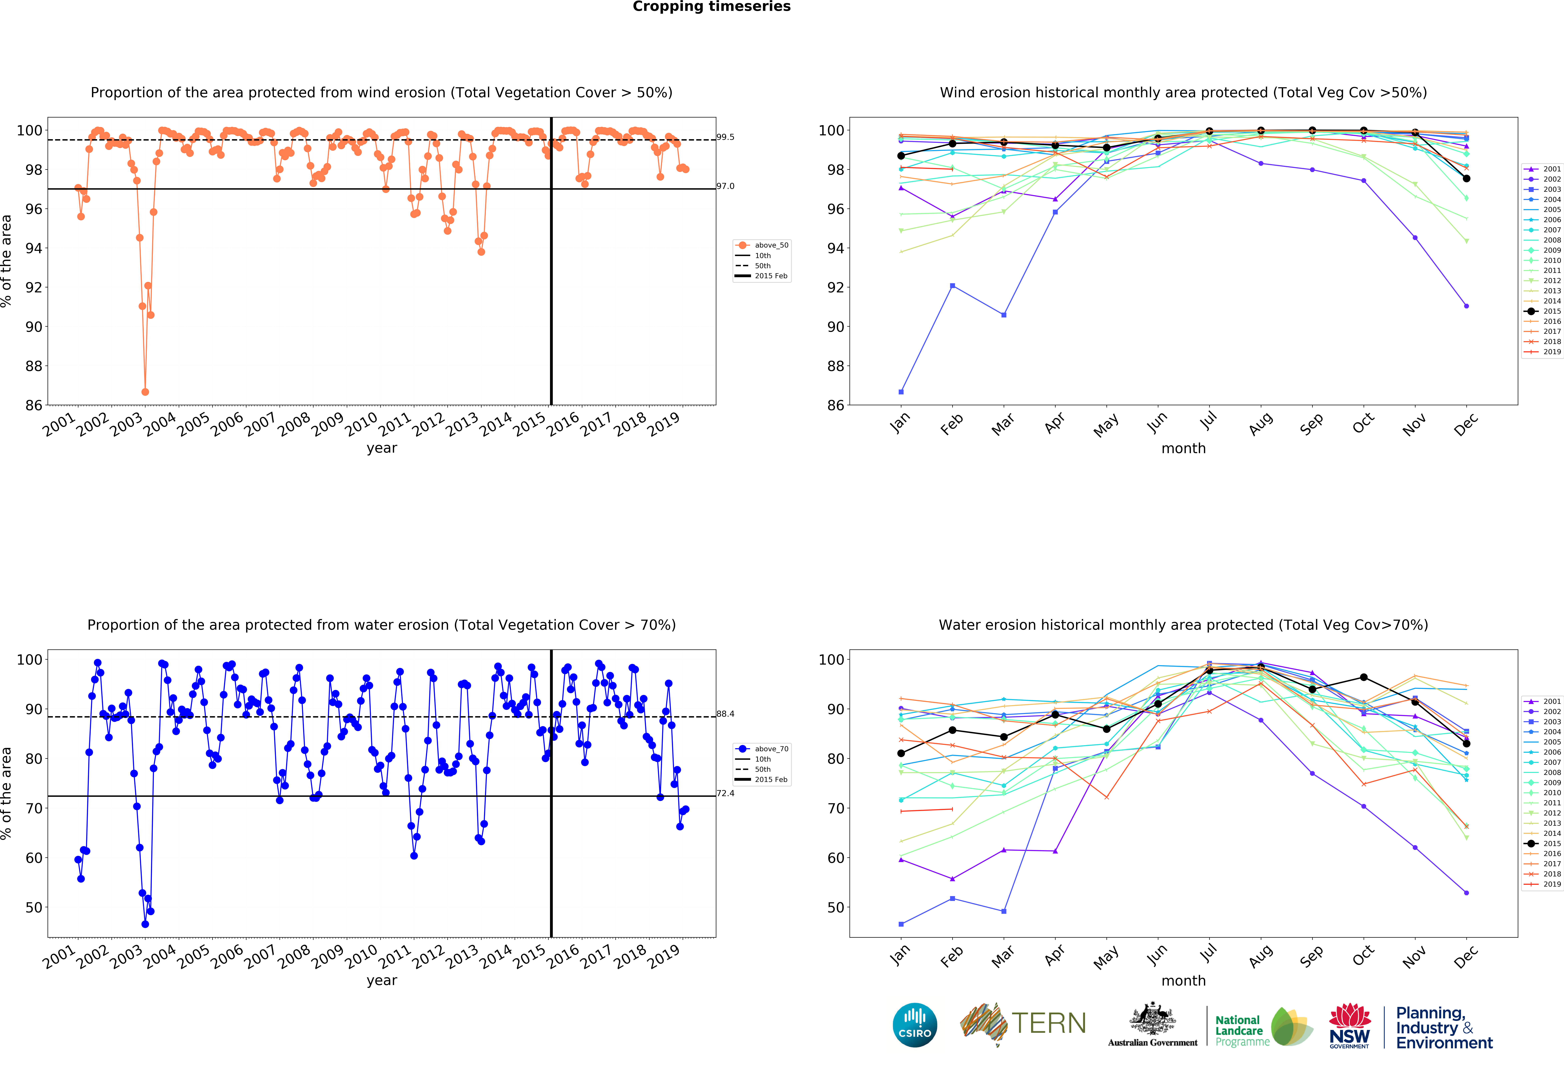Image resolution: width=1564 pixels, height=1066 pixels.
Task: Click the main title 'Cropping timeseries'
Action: (x=711, y=7)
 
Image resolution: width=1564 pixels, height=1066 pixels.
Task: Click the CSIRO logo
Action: (x=915, y=1025)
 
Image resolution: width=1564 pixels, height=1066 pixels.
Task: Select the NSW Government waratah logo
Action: (x=1349, y=1025)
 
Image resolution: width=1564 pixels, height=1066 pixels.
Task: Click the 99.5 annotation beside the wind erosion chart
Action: (x=726, y=137)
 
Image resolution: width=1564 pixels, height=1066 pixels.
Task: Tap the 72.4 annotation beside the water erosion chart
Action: (x=726, y=793)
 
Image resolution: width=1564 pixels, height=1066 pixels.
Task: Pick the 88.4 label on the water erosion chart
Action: (x=726, y=714)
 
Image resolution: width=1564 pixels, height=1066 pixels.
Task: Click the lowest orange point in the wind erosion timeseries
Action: (x=145, y=392)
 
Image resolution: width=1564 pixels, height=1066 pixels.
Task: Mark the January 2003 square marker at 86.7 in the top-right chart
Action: (x=901, y=392)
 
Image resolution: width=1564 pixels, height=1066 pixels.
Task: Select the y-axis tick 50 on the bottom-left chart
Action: (x=34, y=907)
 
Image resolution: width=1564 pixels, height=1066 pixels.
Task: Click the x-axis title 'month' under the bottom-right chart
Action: (x=1183, y=981)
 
